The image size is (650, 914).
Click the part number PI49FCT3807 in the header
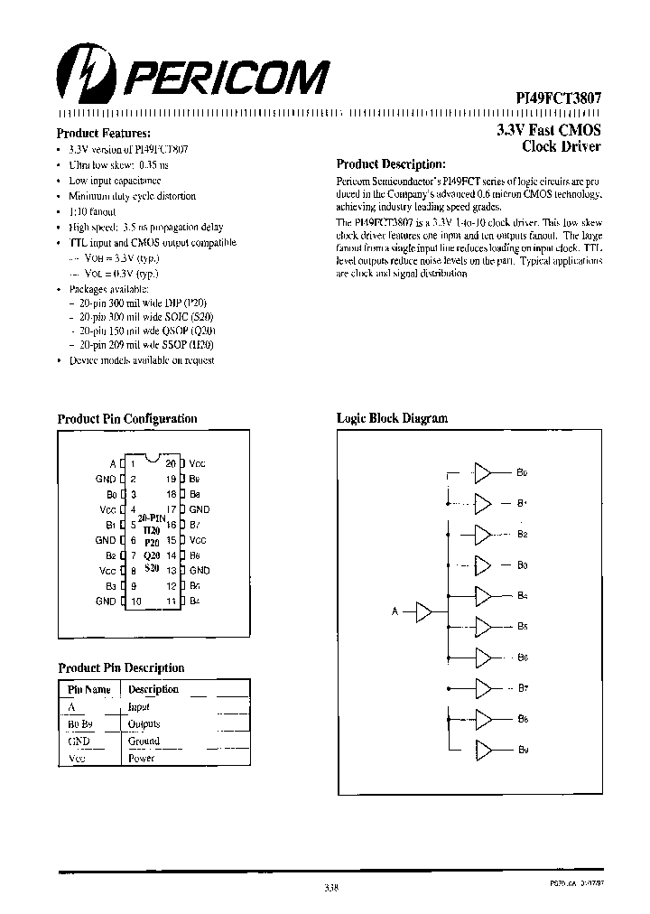pyautogui.click(x=552, y=97)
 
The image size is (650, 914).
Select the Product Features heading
pyautogui.click(x=97, y=132)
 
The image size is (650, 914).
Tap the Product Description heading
pyautogui.click(x=391, y=164)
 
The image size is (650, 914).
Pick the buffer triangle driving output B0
pyautogui.click(x=484, y=472)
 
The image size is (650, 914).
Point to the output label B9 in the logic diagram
pyautogui.click(x=523, y=751)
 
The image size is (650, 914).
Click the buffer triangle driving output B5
pyautogui.click(x=484, y=627)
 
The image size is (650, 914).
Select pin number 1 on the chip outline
pyautogui.click(x=132, y=462)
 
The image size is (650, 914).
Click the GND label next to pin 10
pyautogui.click(x=106, y=601)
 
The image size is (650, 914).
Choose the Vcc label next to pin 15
pyautogui.click(x=198, y=539)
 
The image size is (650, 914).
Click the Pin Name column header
pyautogui.click(x=89, y=690)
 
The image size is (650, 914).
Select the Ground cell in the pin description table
pyautogui.click(x=144, y=741)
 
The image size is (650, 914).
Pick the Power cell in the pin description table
pyautogui.click(x=141, y=759)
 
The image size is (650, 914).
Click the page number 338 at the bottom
pyautogui.click(x=330, y=888)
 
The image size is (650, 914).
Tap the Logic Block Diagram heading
pyautogui.click(x=392, y=418)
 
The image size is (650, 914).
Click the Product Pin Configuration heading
pyautogui.click(x=126, y=418)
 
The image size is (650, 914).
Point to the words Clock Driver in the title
pyautogui.click(x=562, y=146)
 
